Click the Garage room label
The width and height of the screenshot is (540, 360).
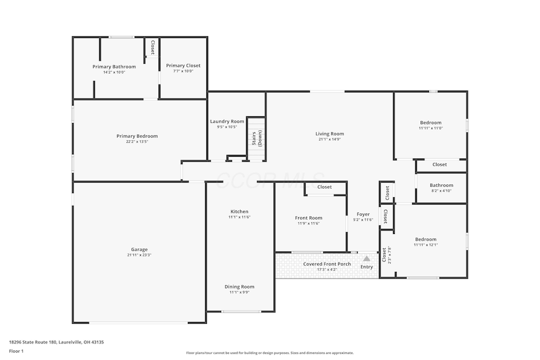click(139, 249)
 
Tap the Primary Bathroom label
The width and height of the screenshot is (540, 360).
click(114, 67)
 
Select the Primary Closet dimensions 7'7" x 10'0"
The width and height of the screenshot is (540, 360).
click(183, 71)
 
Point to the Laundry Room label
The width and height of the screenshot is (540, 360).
click(227, 121)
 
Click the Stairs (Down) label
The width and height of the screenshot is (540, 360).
click(257, 138)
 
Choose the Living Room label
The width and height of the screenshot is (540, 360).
click(329, 133)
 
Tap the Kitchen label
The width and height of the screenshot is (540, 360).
click(239, 211)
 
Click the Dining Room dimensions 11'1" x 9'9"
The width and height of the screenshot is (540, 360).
click(239, 292)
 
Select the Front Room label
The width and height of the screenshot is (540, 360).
click(309, 218)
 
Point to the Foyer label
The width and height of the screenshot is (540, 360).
click(363, 214)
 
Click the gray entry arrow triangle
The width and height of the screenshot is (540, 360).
click(366, 258)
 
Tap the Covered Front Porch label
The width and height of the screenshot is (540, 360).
click(327, 264)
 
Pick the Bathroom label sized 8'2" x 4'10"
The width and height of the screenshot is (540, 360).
click(441, 185)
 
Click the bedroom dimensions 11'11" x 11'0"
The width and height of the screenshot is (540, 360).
click(431, 128)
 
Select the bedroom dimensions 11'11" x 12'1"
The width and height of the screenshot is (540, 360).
click(426, 245)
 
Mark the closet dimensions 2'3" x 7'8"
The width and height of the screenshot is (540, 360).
click(389, 255)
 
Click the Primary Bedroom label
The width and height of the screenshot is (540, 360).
click(137, 136)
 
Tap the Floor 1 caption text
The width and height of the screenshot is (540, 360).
click(16, 351)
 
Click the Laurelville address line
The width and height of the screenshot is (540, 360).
click(56, 342)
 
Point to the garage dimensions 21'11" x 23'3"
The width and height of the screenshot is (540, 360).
click(139, 255)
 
